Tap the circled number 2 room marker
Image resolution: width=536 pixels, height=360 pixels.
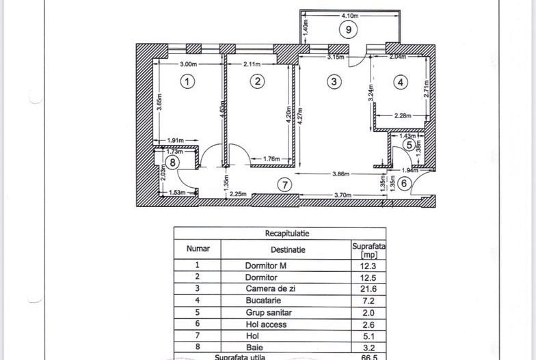click(257, 81)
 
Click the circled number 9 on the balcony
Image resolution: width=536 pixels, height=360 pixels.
click(348, 29)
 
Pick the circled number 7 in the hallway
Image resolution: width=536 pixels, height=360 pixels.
click(285, 184)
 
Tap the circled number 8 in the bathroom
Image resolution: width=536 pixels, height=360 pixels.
click(173, 163)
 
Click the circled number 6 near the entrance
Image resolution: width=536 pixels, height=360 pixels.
click(405, 182)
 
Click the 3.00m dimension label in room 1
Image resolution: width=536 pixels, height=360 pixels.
click(189, 64)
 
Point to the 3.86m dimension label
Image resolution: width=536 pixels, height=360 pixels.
click(341, 174)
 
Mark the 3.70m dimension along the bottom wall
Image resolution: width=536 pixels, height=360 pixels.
click(342, 195)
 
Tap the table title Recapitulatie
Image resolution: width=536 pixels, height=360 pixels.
click(280, 233)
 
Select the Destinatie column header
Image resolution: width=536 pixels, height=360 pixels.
click(288, 250)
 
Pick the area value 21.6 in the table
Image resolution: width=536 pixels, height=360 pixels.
click(368, 290)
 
